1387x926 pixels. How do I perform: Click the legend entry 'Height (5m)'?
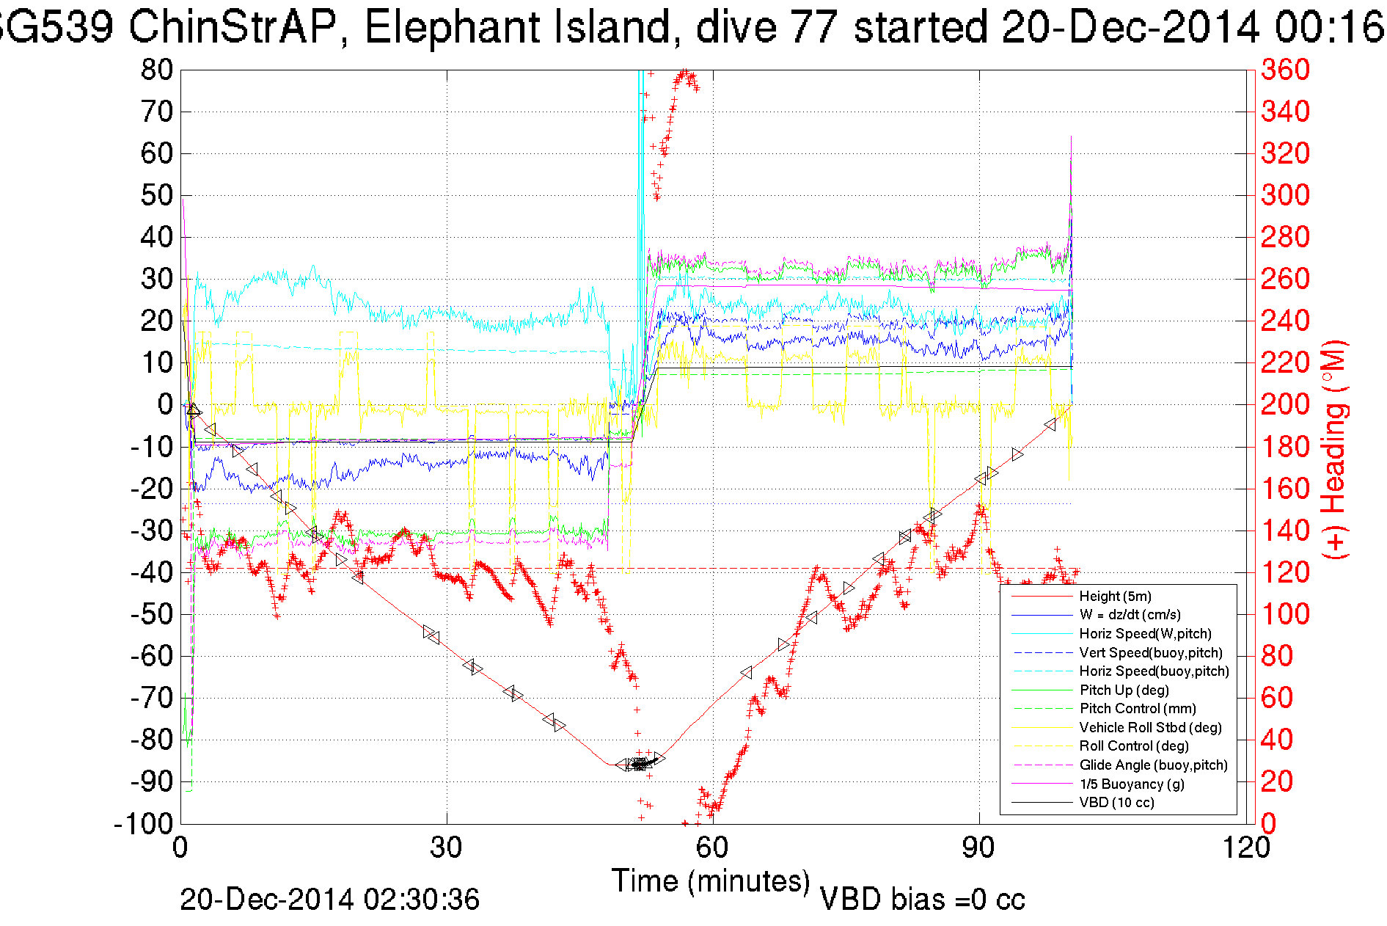coord(1115,597)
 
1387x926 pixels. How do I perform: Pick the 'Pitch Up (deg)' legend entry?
coord(1124,690)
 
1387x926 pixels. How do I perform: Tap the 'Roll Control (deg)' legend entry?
coord(1133,746)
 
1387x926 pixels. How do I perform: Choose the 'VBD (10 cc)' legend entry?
coord(1116,803)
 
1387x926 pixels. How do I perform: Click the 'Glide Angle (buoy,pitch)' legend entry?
coord(1153,765)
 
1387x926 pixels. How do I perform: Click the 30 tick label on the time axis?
coord(446,848)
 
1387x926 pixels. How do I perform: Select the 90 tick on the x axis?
coord(978,848)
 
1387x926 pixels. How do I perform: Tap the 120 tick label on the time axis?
coord(1246,848)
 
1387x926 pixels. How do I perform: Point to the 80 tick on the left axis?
coord(156,70)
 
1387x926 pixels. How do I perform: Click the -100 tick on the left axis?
coord(143,824)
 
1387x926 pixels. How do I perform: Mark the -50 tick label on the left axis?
coord(151,614)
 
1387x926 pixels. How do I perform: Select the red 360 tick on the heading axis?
coord(1285,70)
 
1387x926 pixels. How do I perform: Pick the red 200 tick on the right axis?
coord(1285,404)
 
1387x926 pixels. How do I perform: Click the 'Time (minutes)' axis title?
coord(710,881)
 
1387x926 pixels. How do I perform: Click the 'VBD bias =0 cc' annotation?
coord(921,900)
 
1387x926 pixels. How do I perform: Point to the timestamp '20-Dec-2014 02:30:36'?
coord(329,900)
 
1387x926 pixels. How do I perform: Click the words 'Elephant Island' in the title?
coord(517,28)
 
